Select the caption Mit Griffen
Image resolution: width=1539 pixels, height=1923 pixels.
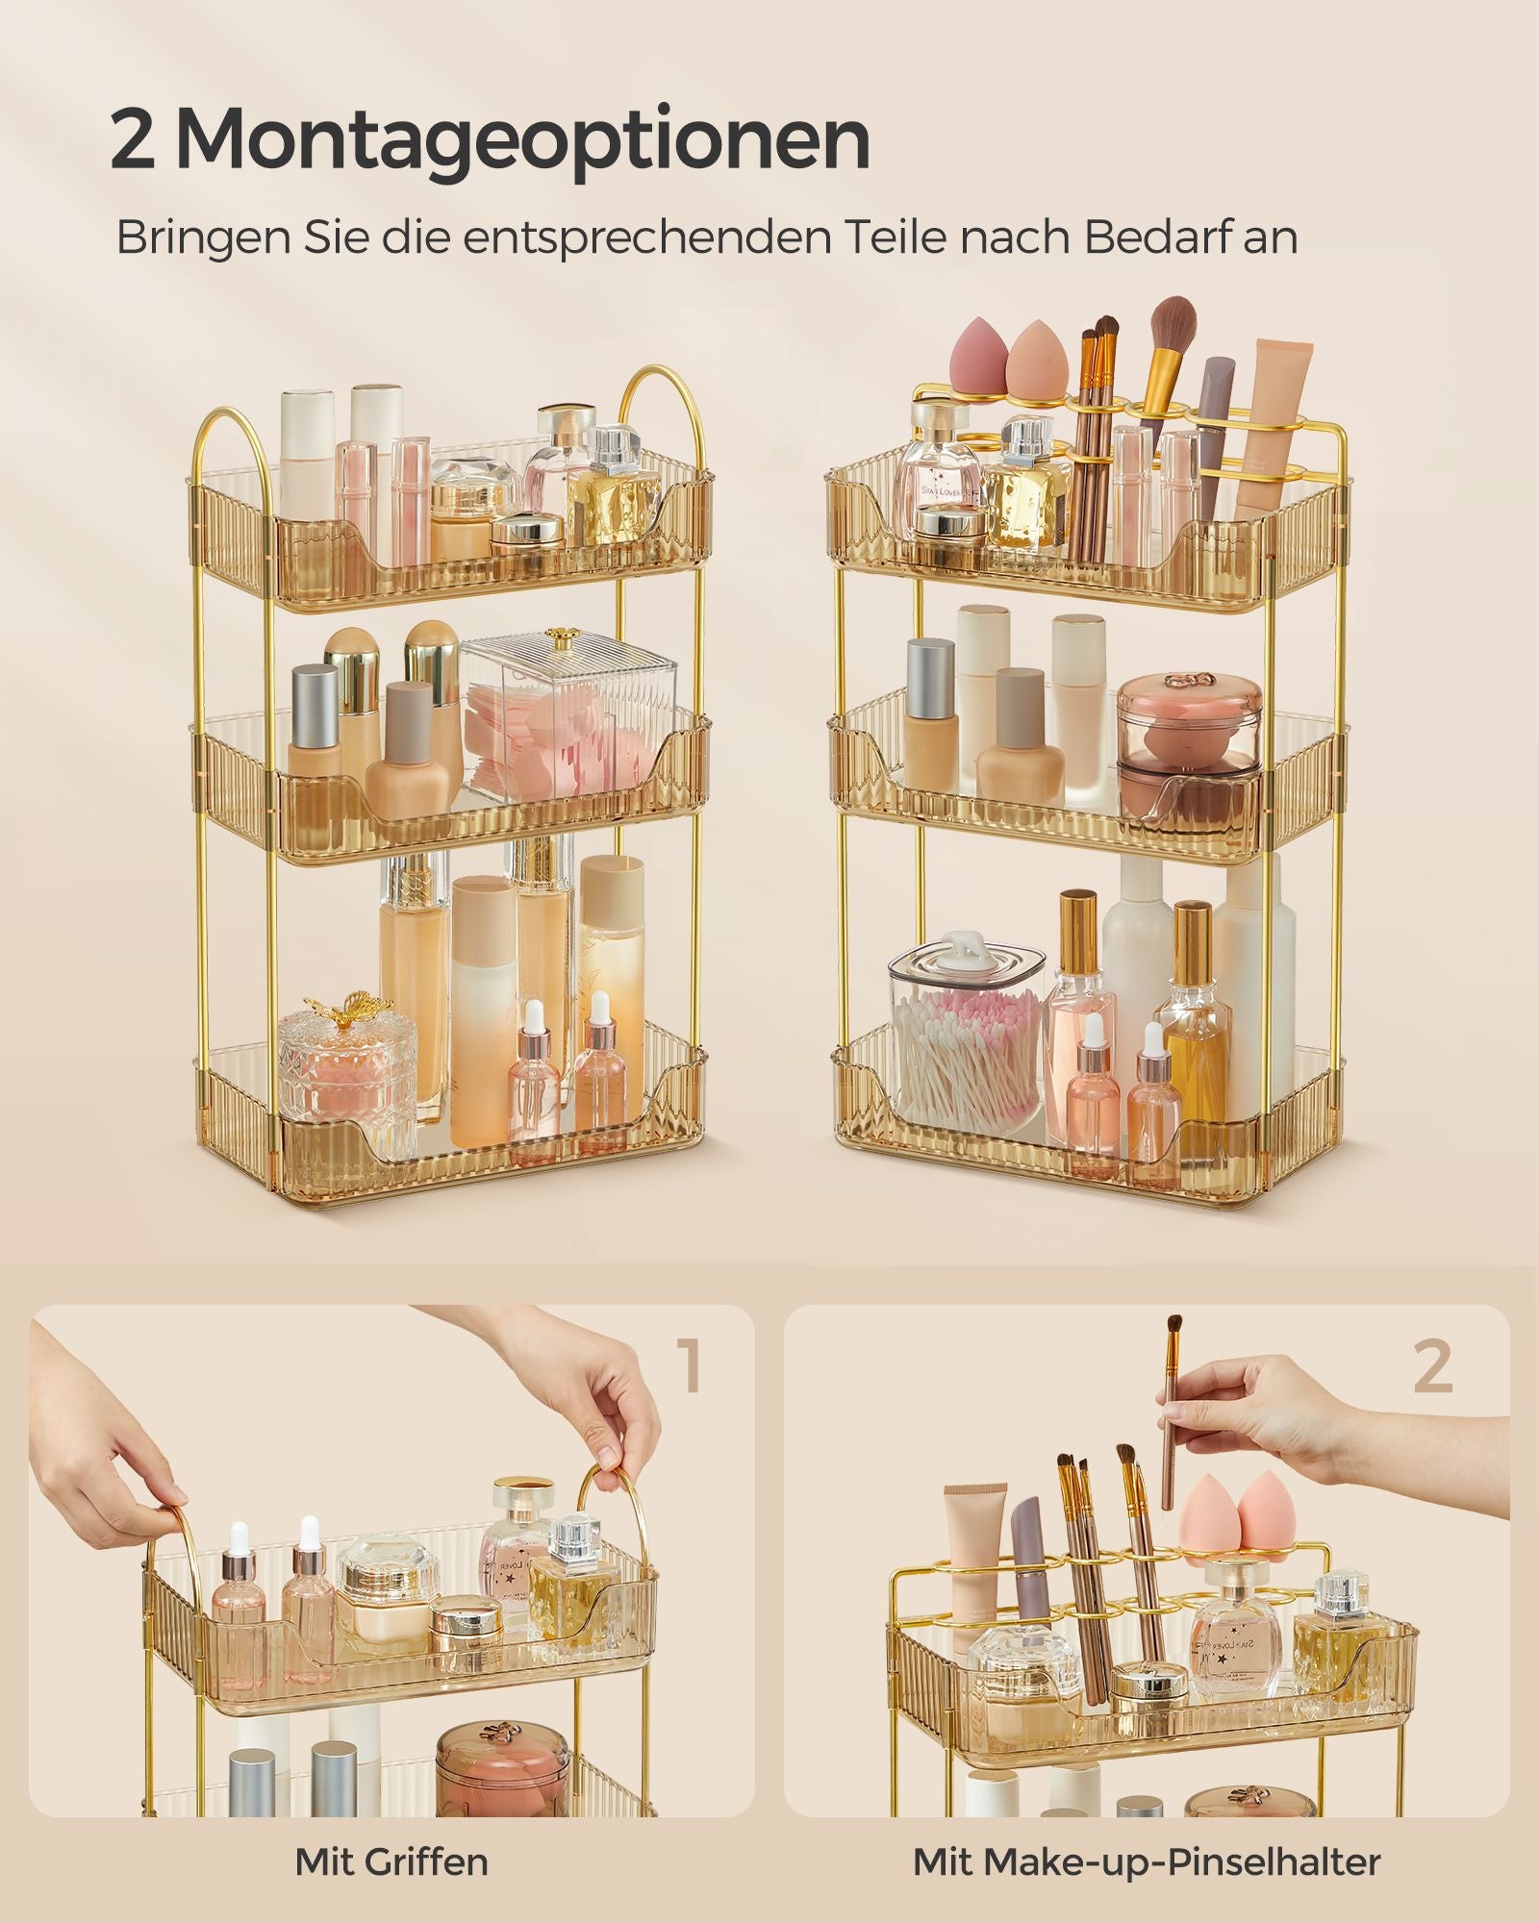click(391, 1861)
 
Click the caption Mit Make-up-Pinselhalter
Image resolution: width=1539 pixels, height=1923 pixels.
click(1147, 1861)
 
